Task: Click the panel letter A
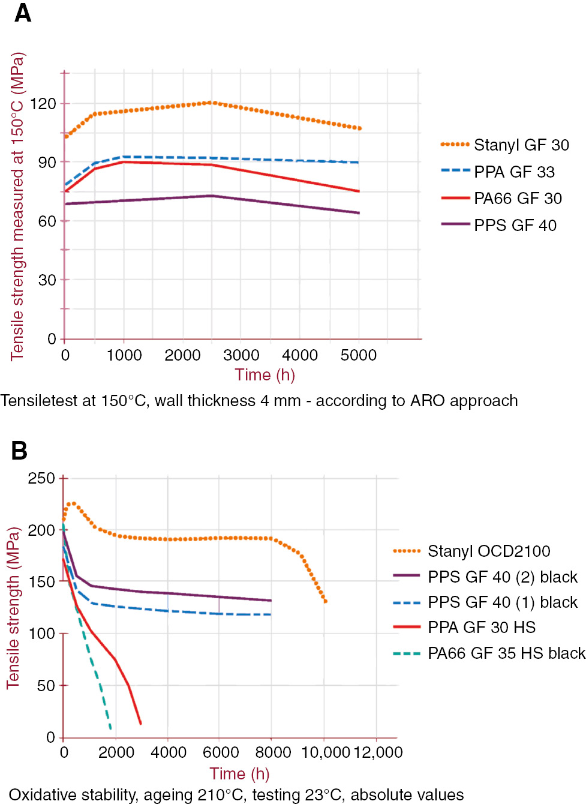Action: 23,13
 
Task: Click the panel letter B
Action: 19,451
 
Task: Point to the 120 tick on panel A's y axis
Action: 43,104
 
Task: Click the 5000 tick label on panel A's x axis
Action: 359,355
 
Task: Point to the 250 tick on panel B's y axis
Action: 41,479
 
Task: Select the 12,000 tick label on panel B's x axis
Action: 378,752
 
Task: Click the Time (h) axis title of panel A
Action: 265,375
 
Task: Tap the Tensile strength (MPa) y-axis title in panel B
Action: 13,607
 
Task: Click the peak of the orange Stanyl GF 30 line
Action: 211,103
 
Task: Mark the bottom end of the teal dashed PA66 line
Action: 110,728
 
